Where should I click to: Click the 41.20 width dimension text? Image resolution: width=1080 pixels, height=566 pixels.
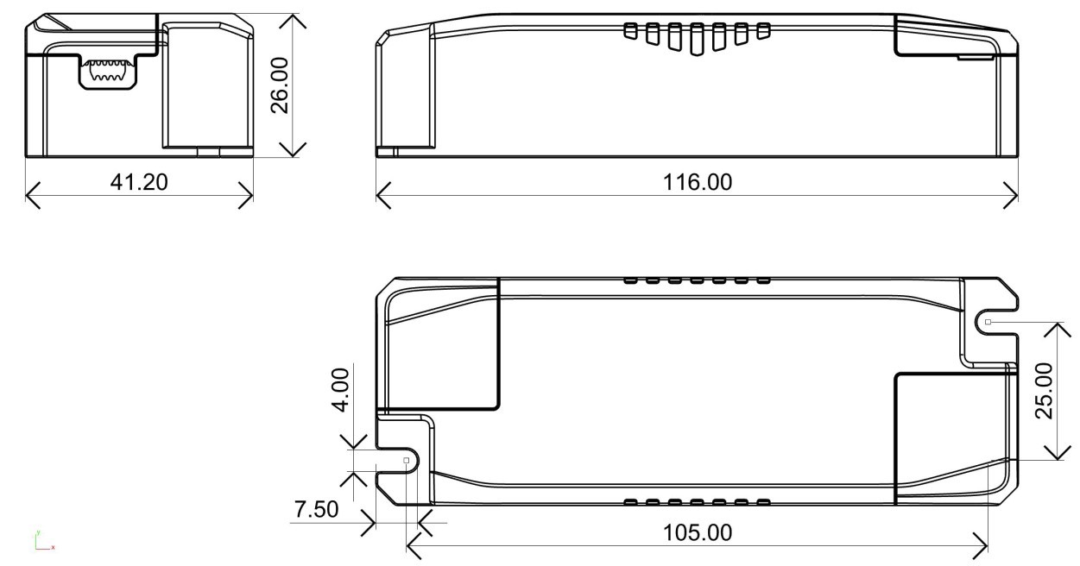pyautogui.click(x=139, y=182)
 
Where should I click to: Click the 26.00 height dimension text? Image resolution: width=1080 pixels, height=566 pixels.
pyautogui.click(x=280, y=85)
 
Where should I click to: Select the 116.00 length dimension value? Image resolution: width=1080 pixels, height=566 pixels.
pyautogui.click(x=698, y=182)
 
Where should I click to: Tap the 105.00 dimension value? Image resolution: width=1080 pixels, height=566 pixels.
pyautogui.click(x=698, y=532)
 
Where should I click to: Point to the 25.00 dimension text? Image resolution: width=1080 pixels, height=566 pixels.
pyautogui.click(x=1044, y=391)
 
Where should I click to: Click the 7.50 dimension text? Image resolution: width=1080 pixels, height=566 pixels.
pyautogui.click(x=316, y=509)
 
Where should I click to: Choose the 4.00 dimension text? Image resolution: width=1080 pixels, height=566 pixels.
pyautogui.click(x=340, y=390)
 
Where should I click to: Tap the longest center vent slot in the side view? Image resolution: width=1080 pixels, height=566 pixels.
pyautogui.click(x=696, y=39)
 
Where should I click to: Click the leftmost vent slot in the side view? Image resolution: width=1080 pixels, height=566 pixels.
pyautogui.click(x=630, y=31)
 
